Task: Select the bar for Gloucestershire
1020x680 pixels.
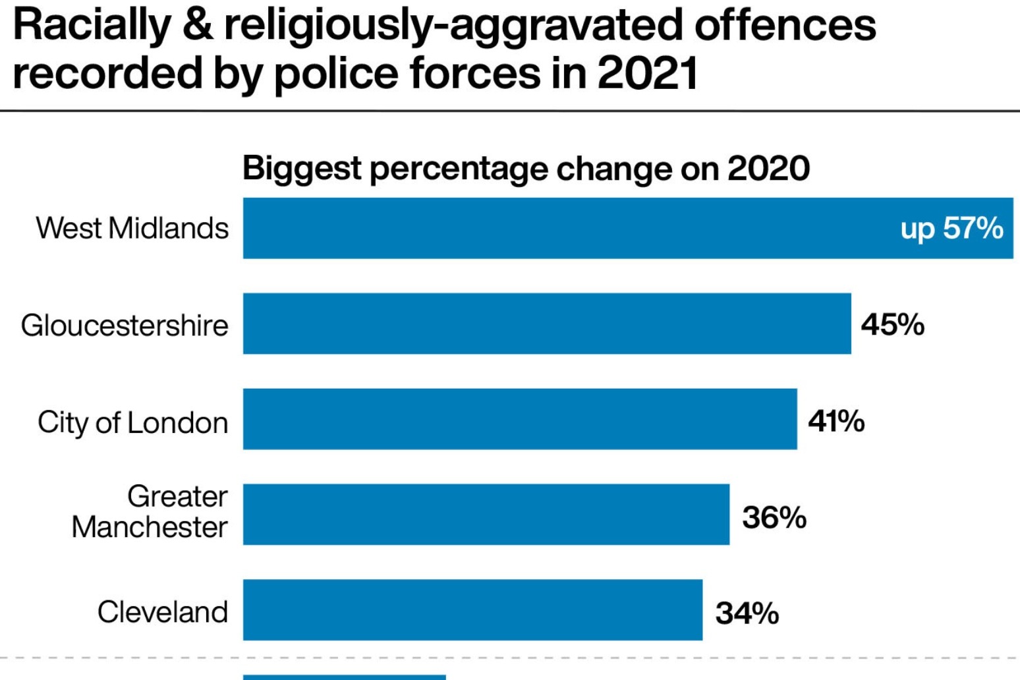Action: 547,324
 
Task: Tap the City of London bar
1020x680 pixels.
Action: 520,419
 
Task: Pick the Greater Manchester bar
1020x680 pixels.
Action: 486,515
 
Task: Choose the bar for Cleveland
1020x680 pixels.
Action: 472,610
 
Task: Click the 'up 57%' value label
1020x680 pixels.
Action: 951,229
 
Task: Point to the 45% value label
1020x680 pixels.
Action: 892,324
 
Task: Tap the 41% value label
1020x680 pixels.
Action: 836,420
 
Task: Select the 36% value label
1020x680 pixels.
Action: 774,517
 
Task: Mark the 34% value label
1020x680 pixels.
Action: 747,613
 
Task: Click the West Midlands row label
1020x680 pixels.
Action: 132,229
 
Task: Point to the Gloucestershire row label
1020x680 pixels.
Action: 125,325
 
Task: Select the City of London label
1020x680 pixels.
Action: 133,422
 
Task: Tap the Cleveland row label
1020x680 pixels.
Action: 163,612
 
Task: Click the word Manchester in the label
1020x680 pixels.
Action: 150,527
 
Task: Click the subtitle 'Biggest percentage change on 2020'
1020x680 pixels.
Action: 526,168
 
